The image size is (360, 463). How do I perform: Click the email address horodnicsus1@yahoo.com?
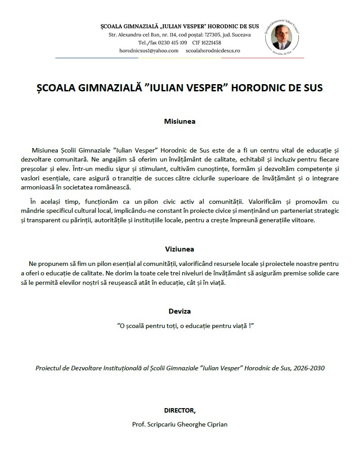149,51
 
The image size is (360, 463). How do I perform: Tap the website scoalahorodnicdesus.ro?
213,51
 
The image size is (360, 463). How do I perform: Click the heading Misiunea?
180,121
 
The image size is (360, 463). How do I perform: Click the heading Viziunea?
180,249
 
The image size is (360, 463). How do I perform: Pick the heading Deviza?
180,311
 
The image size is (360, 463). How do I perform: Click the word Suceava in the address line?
242,35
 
